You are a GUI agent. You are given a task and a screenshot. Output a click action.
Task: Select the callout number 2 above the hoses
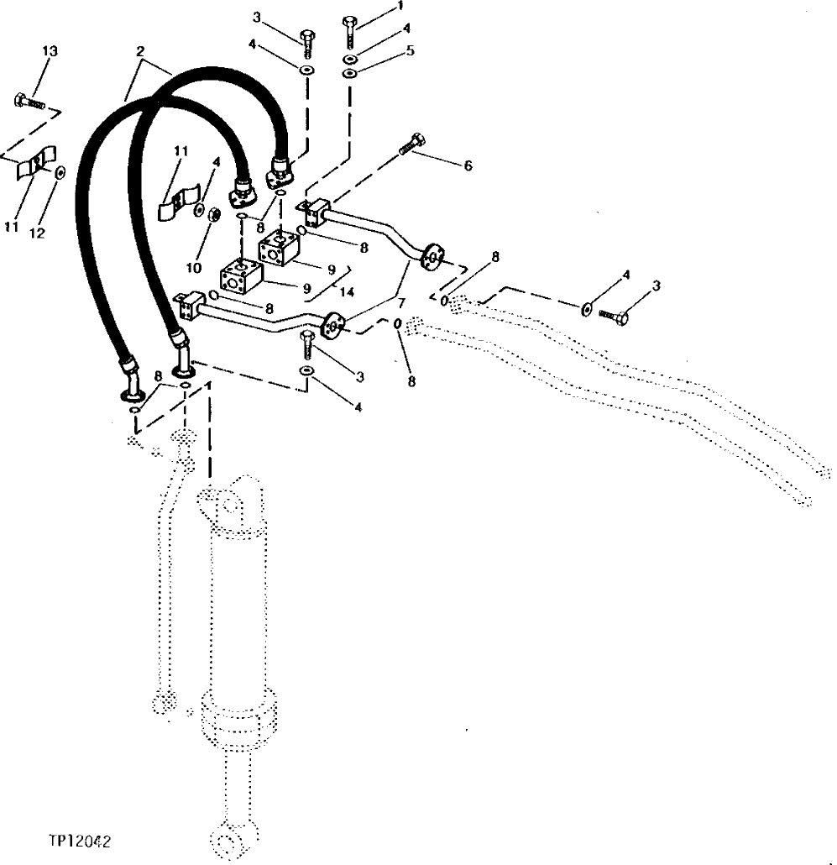point(139,52)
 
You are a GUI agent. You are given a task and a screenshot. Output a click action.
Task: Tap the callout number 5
point(410,50)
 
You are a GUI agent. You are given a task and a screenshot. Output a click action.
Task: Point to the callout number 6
point(468,165)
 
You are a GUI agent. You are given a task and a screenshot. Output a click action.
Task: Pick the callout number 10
point(194,268)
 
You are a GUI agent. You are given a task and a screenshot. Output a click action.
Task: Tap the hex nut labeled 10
point(215,214)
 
